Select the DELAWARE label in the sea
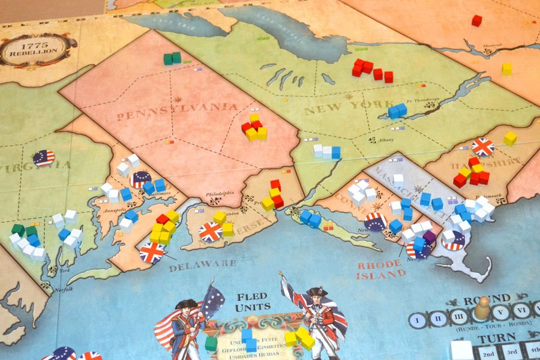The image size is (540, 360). click(x=202, y=265)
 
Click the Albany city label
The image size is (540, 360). click(x=386, y=140)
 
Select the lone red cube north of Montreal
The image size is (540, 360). click(x=476, y=20)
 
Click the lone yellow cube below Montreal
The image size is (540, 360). click(x=507, y=68)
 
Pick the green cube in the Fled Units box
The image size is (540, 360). click(x=211, y=343)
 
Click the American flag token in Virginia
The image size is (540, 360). click(x=43, y=158)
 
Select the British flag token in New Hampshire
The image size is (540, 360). click(x=482, y=146)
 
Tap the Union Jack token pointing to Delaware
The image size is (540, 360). click(x=151, y=253)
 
